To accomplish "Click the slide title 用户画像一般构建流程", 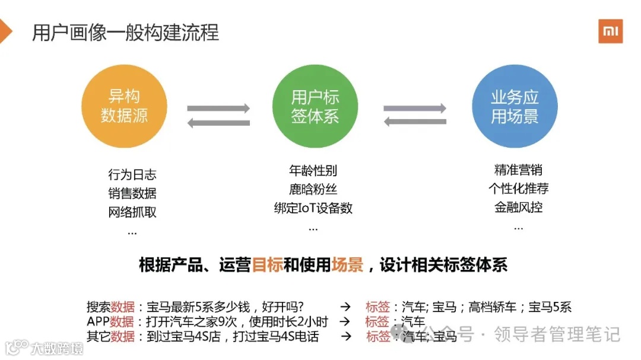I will tap(125, 32).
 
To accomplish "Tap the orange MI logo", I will tap(610, 31).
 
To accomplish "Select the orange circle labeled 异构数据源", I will tap(124, 106).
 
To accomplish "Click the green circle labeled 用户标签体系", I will tap(315, 106).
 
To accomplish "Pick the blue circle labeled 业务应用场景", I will tap(515, 106).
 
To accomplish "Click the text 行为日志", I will tap(132, 175).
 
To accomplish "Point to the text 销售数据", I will tap(132, 193).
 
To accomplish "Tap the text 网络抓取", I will tap(132, 212).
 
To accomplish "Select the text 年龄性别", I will tap(313, 171).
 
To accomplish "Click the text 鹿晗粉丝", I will tap(313, 190).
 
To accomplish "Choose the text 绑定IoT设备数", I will tap(313, 208).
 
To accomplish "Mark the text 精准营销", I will tap(518, 170).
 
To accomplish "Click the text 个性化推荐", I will tap(518, 189).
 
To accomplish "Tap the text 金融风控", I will tap(518, 208).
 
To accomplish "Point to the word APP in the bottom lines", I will tap(98, 322).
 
